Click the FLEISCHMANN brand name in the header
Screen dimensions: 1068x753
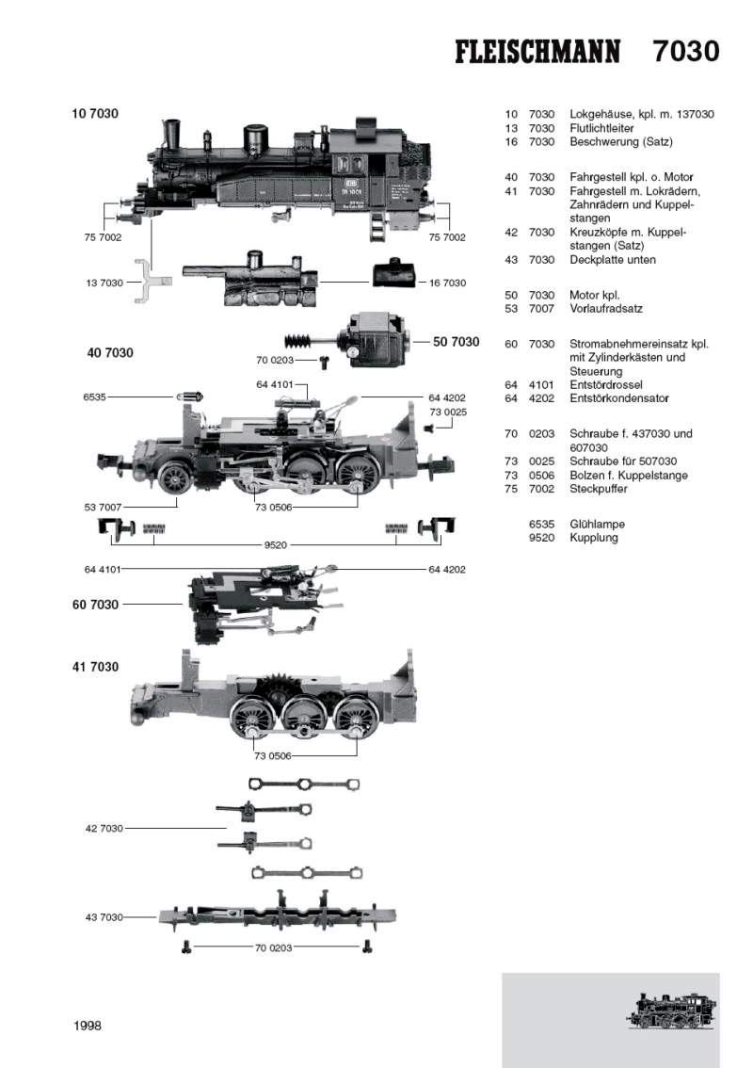tap(537, 52)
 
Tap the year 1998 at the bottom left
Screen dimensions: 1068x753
tap(87, 1026)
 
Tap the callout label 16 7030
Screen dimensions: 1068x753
tap(447, 283)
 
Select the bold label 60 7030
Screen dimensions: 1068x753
tap(95, 605)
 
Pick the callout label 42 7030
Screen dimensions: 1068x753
tap(104, 828)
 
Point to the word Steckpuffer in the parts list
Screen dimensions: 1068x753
tap(599, 489)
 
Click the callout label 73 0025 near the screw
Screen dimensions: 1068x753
tap(447, 412)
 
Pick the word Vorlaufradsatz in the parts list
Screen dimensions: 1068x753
tap(606, 308)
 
